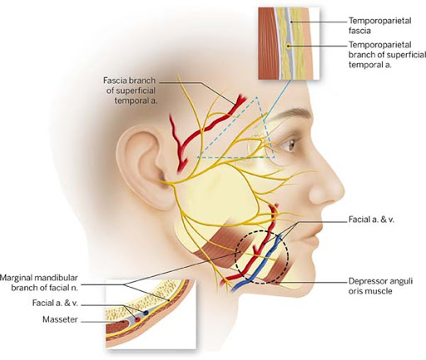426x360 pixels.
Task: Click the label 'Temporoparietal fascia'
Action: click(x=379, y=26)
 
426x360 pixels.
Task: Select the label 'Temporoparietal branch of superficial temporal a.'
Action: click(x=387, y=55)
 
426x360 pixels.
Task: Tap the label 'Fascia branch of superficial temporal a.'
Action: click(x=131, y=91)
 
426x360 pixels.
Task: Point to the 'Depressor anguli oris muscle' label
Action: click(x=380, y=286)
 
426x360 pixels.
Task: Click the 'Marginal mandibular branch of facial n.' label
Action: click(x=39, y=283)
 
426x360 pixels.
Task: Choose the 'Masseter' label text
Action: click(x=60, y=319)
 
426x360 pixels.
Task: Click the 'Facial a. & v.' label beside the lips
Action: click(x=371, y=219)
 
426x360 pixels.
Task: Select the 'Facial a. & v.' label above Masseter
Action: click(x=55, y=303)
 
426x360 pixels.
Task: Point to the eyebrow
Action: click(x=292, y=115)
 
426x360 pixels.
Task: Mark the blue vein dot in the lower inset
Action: click(x=146, y=313)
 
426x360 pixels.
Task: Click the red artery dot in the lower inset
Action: click(x=136, y=319)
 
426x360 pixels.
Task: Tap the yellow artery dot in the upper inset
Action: click(x=289, y=47)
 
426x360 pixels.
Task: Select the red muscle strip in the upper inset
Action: click(x=267, y=43)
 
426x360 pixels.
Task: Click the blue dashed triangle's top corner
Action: click(x=257, y=97)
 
